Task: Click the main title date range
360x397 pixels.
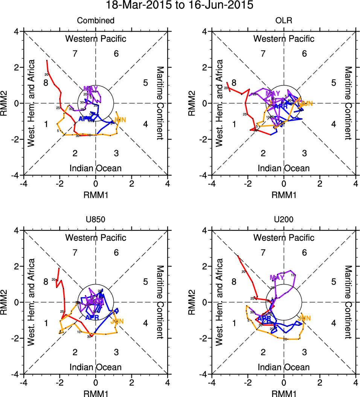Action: [x=180, y=6]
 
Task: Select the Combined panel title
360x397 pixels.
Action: [x=96, y=21]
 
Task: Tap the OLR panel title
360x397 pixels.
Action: [x=284, y=21]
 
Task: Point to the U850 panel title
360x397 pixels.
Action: [x=96, y=219]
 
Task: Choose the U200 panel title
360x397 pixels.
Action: [x=284, y=219]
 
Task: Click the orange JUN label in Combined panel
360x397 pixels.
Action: [x=119, y=120]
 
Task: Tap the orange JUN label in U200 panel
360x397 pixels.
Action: [x=304, y=318]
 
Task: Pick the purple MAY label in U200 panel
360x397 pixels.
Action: [x=277, y=278]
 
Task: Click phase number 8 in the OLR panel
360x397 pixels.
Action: [x=234, y=83]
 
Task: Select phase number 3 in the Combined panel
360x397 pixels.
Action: [x=116, y=153]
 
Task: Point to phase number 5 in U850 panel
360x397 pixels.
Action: [x=145, y=281]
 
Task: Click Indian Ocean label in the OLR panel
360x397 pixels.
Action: [x=284, y=168]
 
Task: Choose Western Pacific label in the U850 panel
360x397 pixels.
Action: [x=96, y=238]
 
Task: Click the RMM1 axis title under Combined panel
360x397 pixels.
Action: [x=96, y=194]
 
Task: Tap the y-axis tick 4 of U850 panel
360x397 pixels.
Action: [x=17, y=230]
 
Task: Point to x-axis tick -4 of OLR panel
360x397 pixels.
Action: [x=212, y=184]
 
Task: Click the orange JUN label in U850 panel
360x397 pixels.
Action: [x=117, y=321]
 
